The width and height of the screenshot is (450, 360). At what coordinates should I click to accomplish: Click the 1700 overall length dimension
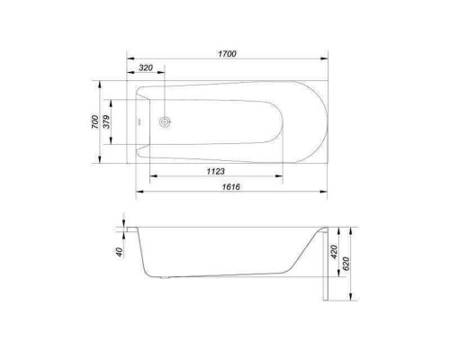tap(227, 54)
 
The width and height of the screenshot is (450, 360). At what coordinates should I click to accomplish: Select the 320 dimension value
tap(146, 67)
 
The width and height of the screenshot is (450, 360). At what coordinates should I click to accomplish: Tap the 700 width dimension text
tap(94, 121)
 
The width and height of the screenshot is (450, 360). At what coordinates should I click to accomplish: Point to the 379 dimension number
tap(107, 121)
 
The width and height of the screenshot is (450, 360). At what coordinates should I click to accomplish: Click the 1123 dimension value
tap(216, 171)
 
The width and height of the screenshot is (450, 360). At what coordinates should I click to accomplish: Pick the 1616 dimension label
tap(231, 187)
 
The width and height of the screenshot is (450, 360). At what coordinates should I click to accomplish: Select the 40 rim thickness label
tap(120, 252)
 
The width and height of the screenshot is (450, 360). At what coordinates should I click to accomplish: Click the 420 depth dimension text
tap(334, 252)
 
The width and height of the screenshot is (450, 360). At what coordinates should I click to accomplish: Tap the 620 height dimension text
tap(346, 264)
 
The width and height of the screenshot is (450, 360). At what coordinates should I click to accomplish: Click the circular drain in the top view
tap(165, 121)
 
